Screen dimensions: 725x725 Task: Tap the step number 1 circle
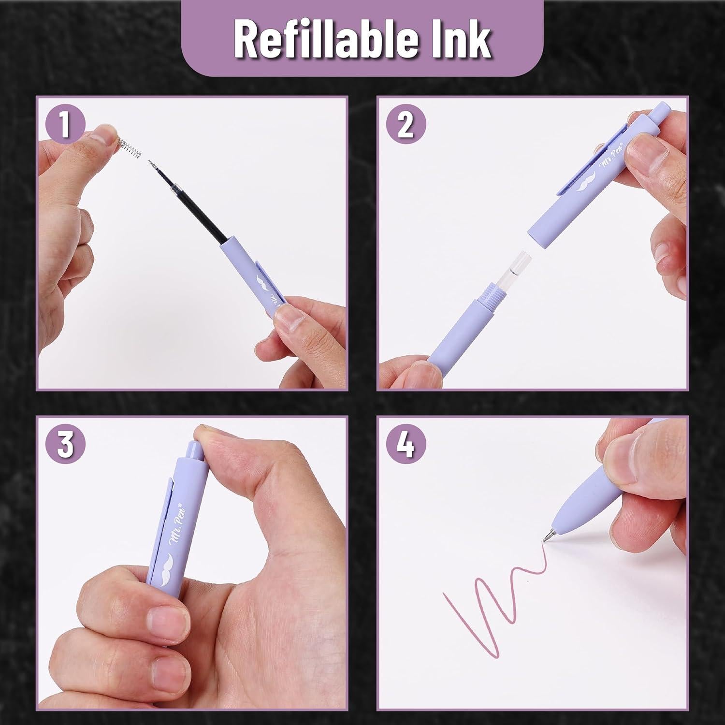tap(65, 124)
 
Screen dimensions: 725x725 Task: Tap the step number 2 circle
tap(406, 124)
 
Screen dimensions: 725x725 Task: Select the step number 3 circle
tap(65, 445)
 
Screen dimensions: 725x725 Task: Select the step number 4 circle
tap(406, 445)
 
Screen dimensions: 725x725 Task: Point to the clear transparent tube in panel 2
tap(514, 271)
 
